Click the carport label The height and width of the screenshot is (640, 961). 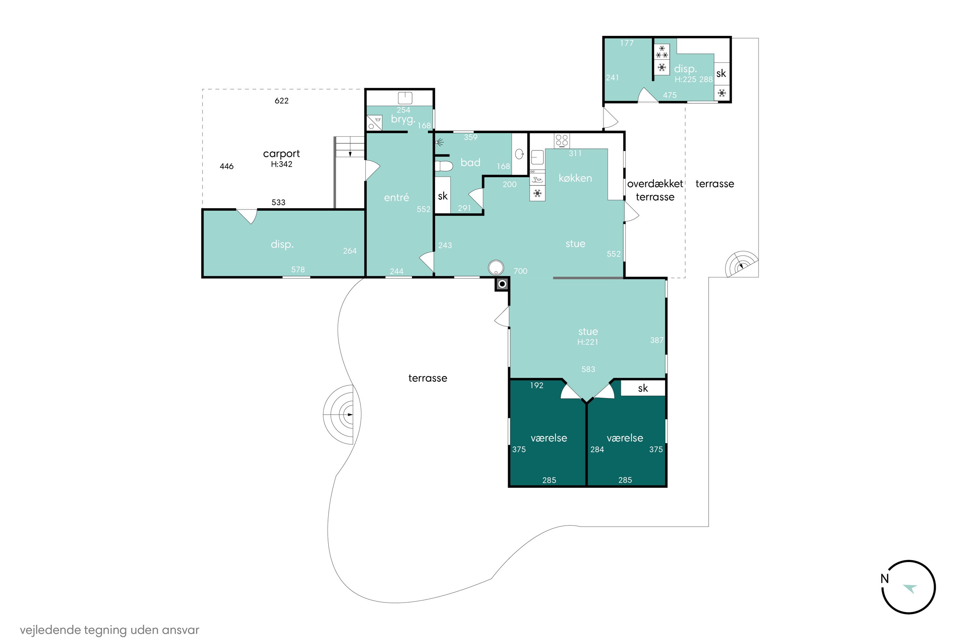coord(281,154)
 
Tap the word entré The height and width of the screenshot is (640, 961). coord(396,197)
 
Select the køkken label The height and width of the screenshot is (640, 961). coord(575,178)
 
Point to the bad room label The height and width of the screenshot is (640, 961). coord(470,163)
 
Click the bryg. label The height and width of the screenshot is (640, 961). coord(403,119)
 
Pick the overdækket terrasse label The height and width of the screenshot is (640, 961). coord(655,190)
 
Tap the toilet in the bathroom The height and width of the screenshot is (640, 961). coord(443,166)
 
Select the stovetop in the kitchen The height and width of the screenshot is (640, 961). coord(562,141)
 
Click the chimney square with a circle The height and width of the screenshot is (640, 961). coord(502,284)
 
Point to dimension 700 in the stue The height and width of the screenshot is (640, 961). coord(520,271)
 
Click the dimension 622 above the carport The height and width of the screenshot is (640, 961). coord(282,101)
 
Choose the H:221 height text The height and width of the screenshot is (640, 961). coord(587,342)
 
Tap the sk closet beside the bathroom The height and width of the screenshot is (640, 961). coord(442,196)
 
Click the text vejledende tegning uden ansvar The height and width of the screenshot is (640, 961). coord(110,630)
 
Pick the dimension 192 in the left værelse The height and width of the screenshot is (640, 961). coord(537,385)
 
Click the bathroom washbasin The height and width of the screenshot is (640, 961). coord(519,154)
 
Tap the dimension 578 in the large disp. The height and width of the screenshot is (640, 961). coord(298,269)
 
